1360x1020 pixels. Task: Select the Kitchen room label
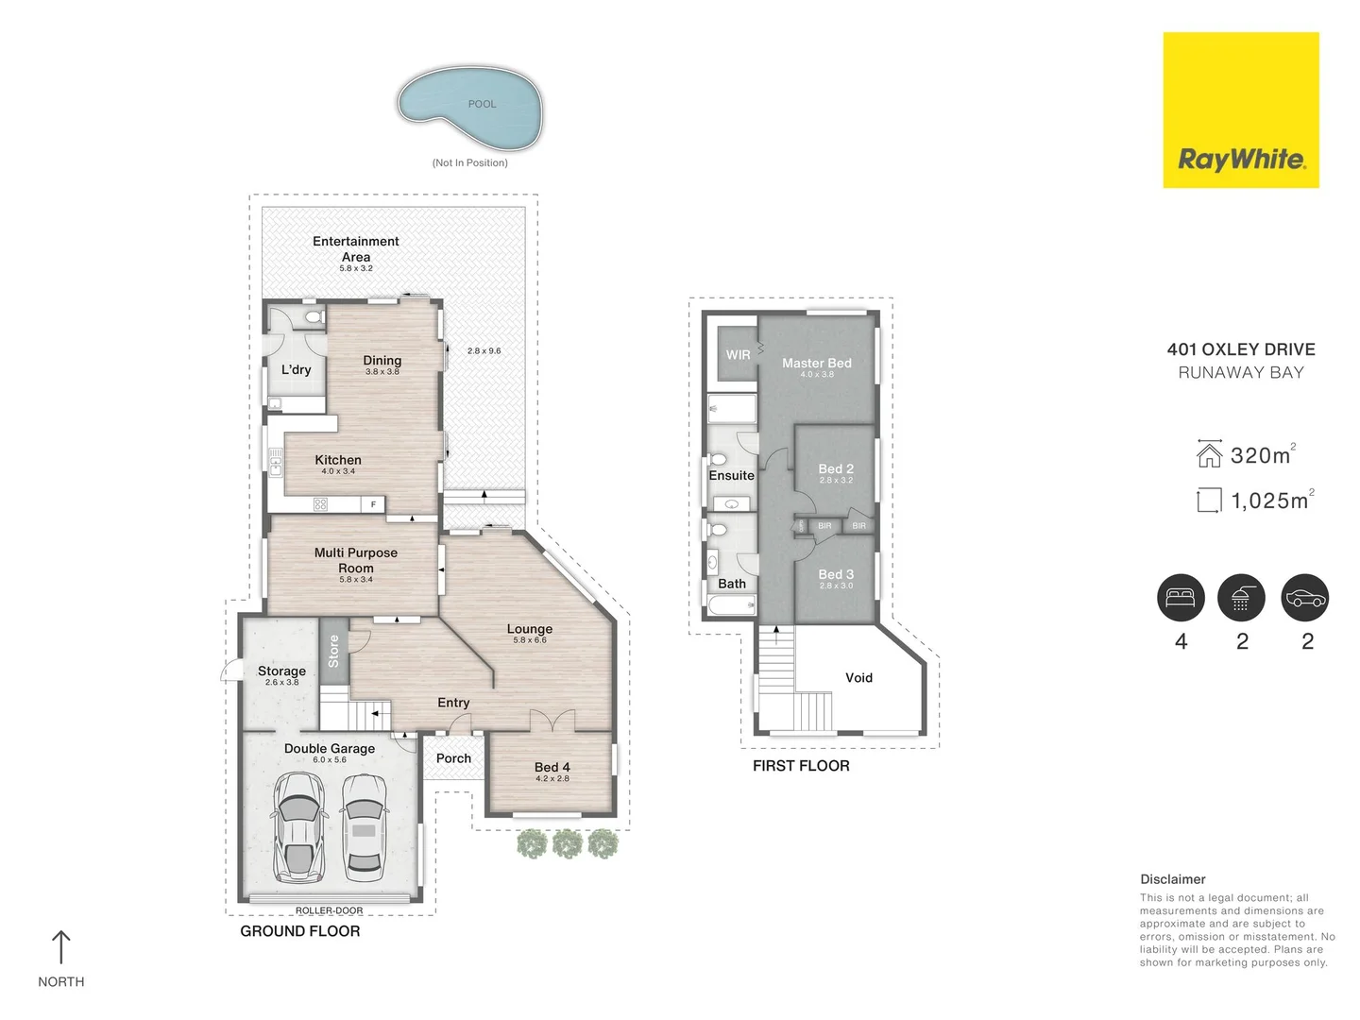coord(338,460)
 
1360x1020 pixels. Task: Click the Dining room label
coord(382,361)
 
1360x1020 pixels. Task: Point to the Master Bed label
coord(816,364)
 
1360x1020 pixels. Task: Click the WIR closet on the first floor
coord(738,355)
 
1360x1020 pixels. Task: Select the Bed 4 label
coord(552,768)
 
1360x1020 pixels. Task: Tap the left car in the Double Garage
coord(298,827)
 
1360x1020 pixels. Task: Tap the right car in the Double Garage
coord(363,825)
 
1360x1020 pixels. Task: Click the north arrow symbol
coord(61,947)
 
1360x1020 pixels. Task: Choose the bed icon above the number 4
coord(1181,598)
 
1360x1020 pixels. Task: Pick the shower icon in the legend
coord(1241,598)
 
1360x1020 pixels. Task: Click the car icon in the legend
coord(1305,598)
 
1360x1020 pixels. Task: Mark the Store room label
coord(333,651)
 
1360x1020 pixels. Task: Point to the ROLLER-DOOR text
coord(329,910)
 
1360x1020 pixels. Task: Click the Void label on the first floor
coord(858,678)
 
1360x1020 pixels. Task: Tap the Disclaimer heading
coord(1172,879)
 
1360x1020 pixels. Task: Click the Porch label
coord(453,758)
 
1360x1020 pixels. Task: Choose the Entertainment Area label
coord(355,249)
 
